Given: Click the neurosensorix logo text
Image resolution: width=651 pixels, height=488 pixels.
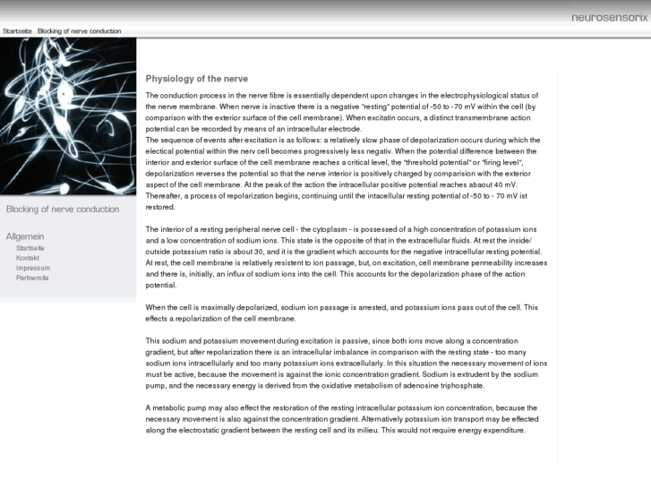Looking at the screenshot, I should (609, 17).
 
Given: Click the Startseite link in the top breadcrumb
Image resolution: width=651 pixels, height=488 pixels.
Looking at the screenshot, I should (18, 31).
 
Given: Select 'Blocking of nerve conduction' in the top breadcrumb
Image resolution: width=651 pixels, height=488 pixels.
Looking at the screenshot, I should (79, 31).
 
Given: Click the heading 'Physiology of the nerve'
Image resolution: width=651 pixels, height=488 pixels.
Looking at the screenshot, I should (196, 79).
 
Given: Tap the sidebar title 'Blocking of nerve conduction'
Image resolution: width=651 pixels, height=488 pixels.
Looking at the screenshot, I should (63, 210).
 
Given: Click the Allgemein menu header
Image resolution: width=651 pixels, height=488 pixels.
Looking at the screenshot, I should (25, 235).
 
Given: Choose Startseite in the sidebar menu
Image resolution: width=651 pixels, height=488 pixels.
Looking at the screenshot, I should (30, 247).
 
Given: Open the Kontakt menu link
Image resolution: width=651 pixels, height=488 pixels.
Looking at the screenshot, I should (28, 258).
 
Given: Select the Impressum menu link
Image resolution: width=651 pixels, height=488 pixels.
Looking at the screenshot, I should (33, 268).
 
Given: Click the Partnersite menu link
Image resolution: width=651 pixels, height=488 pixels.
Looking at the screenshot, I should (33, 278).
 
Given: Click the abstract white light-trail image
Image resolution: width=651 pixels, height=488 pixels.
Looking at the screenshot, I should (68, 116).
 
